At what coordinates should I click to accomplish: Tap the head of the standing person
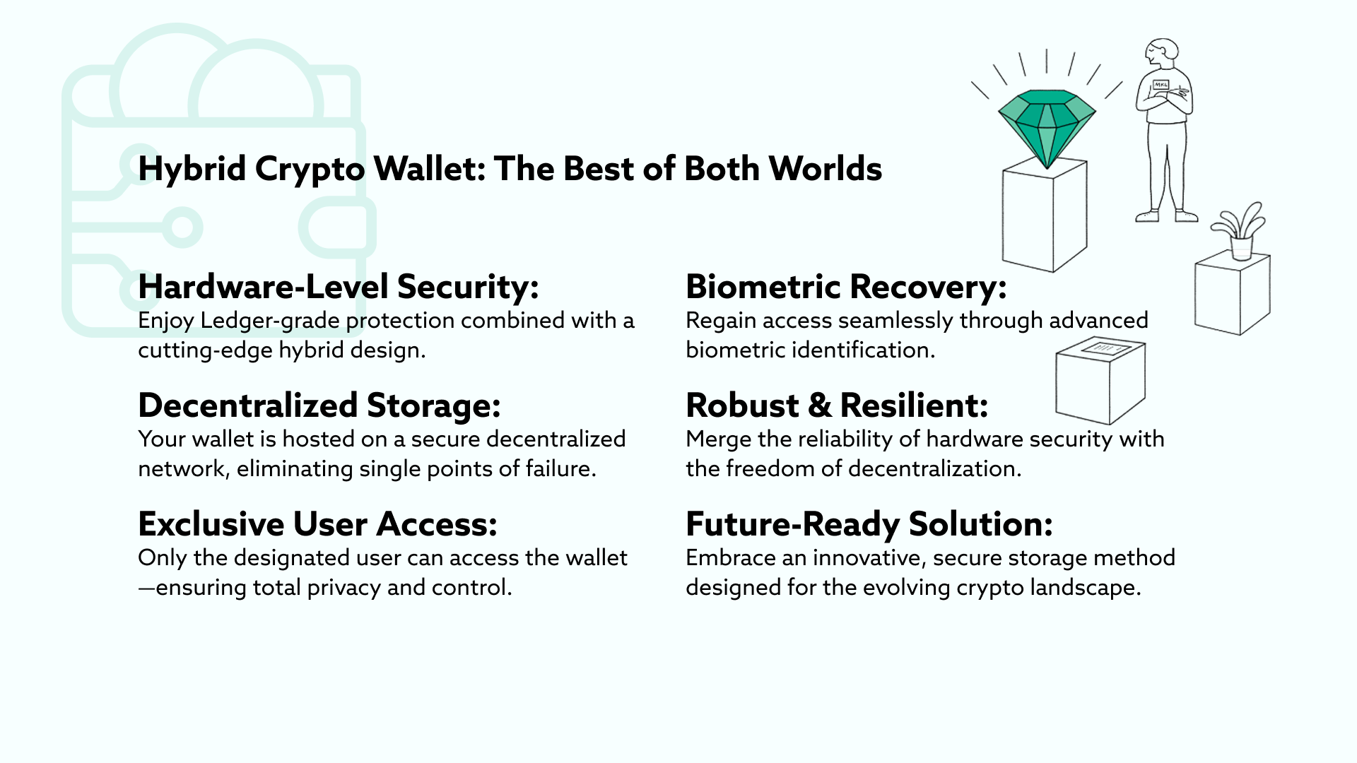1162,54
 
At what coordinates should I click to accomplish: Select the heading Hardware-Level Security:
339,287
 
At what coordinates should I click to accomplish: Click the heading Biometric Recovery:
846,287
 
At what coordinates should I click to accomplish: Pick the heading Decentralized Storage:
319,406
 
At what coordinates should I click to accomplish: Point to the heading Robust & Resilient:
837,406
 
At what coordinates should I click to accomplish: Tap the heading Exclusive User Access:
318,524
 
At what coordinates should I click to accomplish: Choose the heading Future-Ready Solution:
869,524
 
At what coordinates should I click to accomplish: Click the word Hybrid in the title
192,170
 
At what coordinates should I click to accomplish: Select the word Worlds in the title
825,169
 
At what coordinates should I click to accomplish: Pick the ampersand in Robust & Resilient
819,406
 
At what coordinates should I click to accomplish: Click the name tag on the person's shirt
1161,85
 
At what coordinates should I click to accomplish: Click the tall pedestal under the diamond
1045,215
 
